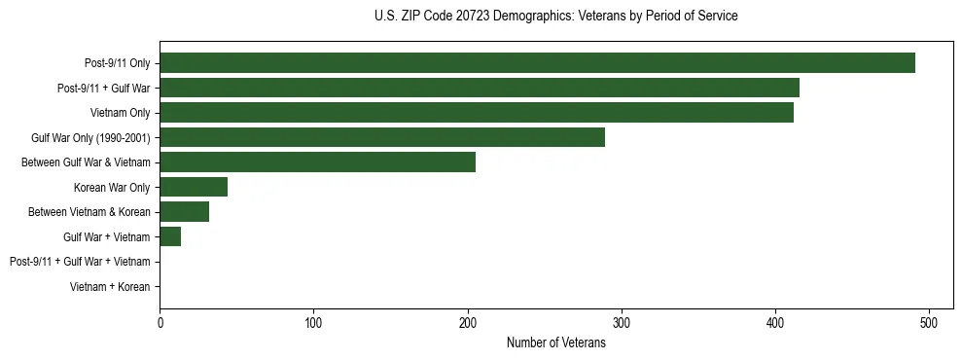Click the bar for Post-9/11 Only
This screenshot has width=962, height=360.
pos(537,63)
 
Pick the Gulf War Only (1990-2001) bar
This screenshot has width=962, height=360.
pos(382,137)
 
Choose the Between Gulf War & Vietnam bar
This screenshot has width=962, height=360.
pos(318,162)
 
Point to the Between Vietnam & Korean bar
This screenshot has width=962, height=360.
pos(185,212)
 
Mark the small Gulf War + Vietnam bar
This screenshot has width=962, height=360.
pos(170,236)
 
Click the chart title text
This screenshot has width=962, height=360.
pos(555,17)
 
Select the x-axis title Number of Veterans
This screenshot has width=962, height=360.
pos(555,342)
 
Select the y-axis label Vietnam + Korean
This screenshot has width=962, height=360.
pos(110,287)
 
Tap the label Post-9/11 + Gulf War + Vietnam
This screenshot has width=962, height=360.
pos(80,262)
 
